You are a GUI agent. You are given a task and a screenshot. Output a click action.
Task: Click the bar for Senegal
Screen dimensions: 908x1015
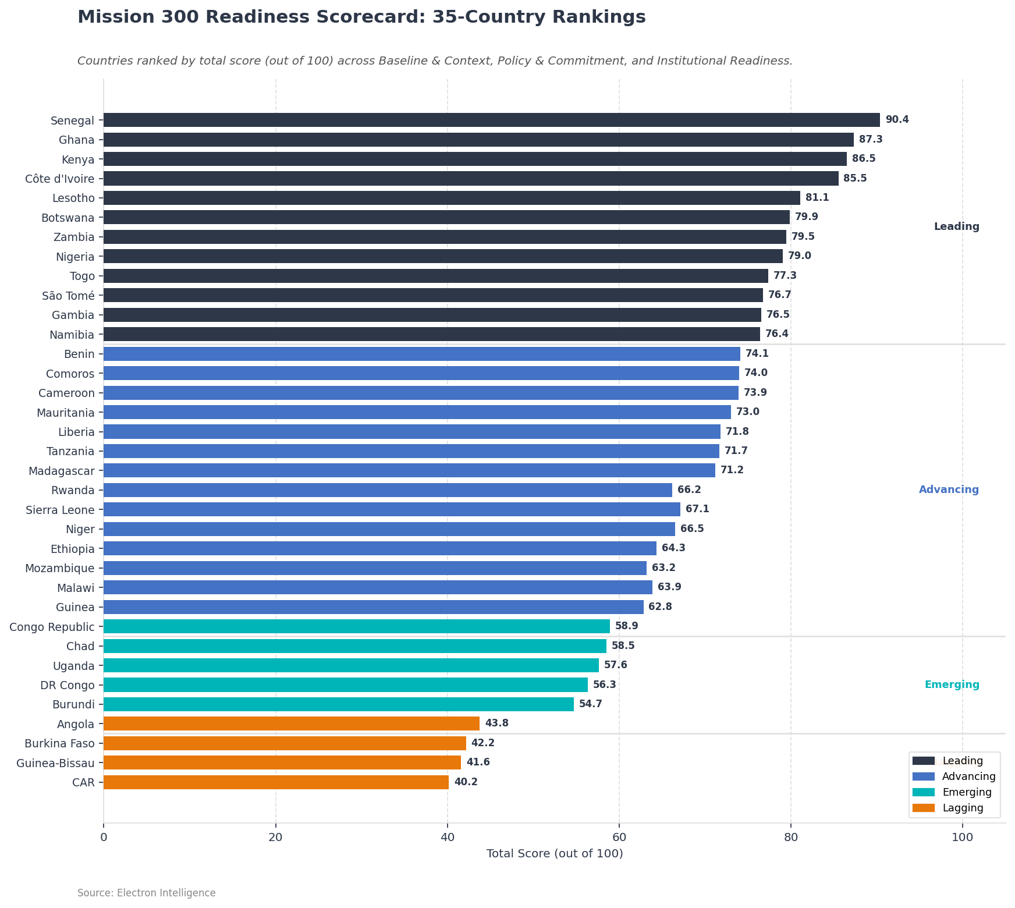(492, 120)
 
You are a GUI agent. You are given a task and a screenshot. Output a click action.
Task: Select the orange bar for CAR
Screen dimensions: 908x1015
(276, 782)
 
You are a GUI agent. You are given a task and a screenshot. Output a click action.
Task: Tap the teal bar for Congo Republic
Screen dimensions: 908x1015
(357, 626)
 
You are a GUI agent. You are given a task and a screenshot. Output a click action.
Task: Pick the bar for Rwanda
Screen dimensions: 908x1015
(388, 490)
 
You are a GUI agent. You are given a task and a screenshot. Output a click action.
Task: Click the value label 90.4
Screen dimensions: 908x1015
(897, 120)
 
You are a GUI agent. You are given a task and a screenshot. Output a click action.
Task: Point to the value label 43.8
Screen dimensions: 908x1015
(496, 723)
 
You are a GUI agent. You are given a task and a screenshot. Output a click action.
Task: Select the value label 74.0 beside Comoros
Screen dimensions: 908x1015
(755, 373)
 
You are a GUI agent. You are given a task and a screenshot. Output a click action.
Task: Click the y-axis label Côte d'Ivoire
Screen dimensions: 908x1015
(60, 179)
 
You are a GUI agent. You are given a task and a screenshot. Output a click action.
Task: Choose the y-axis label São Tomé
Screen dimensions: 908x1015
(68, 296)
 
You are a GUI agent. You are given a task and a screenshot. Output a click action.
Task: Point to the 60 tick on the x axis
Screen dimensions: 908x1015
(619, 837)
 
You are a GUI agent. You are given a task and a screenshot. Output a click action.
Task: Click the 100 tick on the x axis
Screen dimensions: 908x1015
(962, 837)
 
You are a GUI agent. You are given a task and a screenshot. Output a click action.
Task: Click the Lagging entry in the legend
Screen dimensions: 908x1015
(963, 808)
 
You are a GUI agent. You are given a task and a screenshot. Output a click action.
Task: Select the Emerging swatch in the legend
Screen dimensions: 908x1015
(923, 792)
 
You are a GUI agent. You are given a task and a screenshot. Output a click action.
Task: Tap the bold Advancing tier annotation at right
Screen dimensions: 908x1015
(949, 490)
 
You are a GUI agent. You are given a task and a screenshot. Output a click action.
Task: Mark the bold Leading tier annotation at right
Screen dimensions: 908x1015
(956, 227)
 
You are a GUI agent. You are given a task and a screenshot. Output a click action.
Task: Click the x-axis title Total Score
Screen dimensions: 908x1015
(554, 854)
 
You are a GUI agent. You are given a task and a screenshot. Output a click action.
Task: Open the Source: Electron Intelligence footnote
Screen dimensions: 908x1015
(146, 893)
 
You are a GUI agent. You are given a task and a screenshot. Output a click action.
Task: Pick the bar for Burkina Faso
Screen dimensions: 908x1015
(285, 743)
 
